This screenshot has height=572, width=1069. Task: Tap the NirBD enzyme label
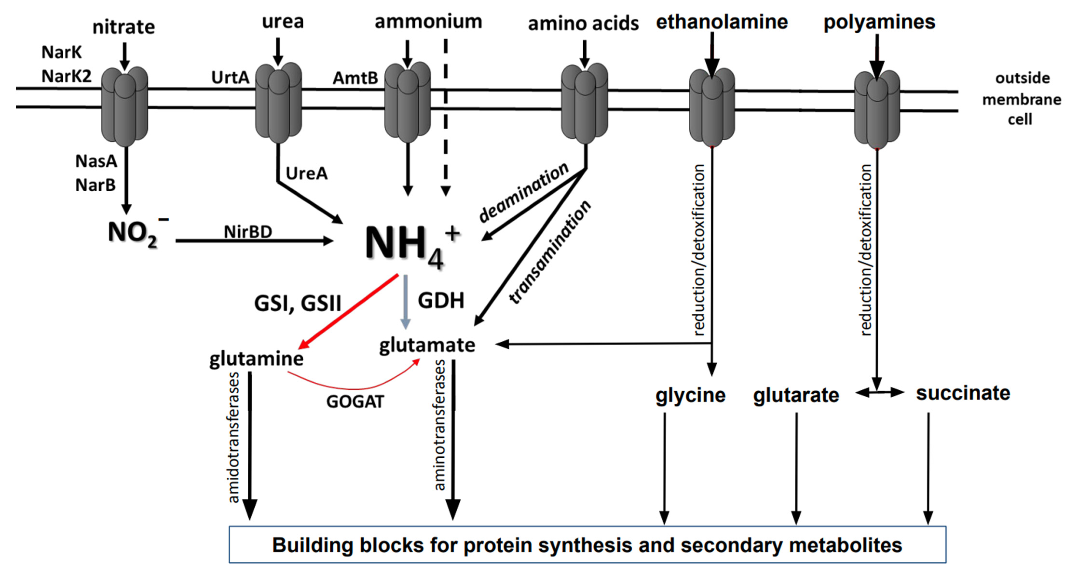[x=248, y=232]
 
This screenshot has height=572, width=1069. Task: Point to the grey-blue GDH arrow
[x=405, y=301]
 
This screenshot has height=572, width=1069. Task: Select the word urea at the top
[x=283, y=21]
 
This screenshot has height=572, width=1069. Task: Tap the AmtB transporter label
[x=355, y=78]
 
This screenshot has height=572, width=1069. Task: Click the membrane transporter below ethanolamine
[x=712, y=107]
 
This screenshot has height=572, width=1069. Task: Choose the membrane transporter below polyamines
[x=877, y=109]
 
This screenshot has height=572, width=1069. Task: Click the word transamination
[x=550, y=252]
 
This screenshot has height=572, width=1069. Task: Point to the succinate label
[x=963, y=393]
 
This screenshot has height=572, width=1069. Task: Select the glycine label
[x=691, y=395]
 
